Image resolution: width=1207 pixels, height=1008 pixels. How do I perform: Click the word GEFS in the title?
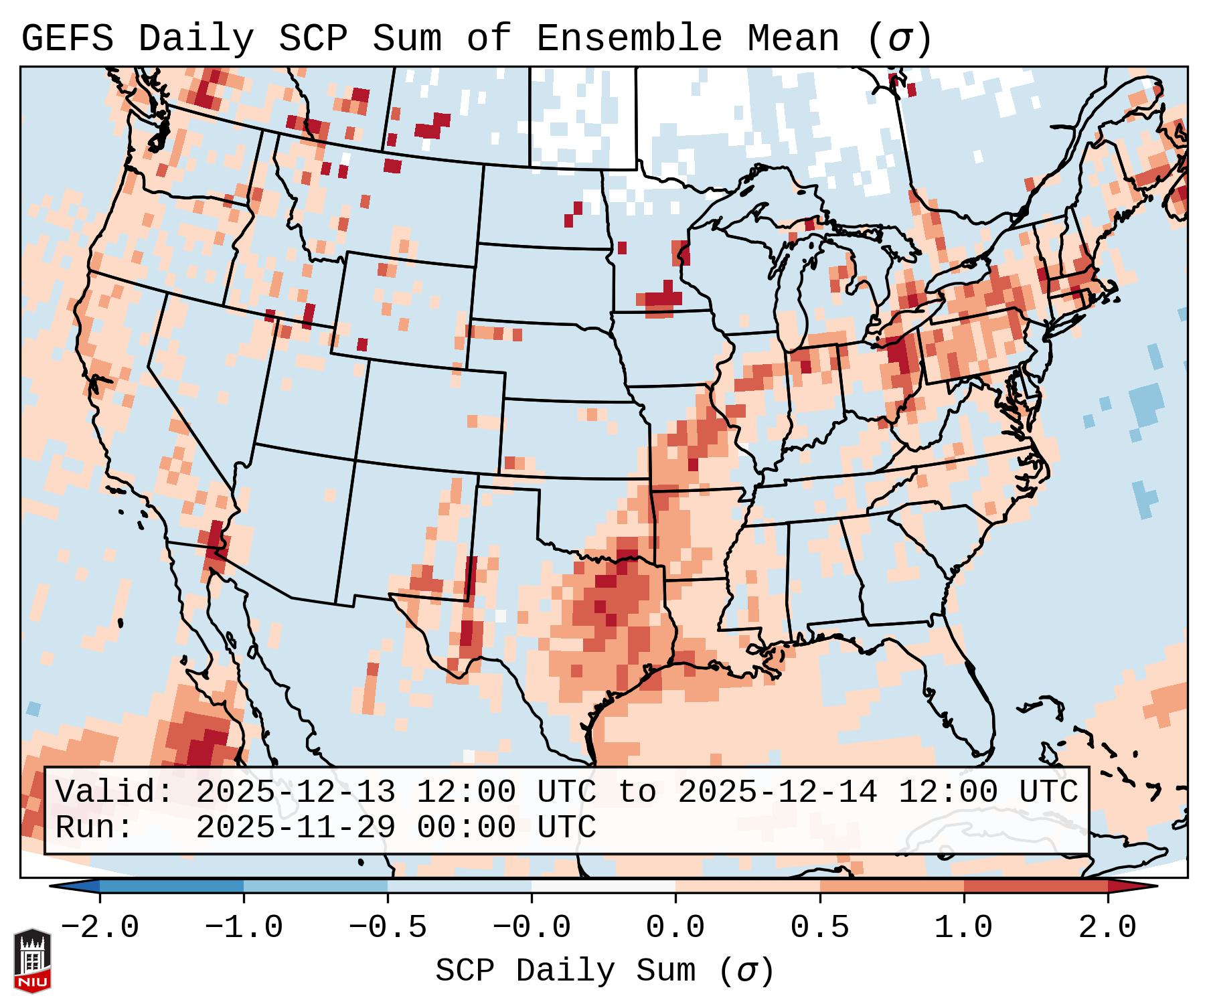click(x=67, y=38)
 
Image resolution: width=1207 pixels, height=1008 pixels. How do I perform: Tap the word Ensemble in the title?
click(x=629, y=38)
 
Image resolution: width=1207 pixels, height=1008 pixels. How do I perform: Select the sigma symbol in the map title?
click(x=898, y=39)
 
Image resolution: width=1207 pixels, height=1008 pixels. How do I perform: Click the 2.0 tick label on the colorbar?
click(x=1107, y=928)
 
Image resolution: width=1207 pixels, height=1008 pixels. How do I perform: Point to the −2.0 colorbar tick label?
click(x=100, y=928)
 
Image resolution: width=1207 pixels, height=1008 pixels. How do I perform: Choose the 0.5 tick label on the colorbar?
click(x=819, y=928)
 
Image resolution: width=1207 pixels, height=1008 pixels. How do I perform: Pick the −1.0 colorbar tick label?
click(x=244, y=928)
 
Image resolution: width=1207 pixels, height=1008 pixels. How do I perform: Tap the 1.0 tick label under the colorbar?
click(x=963, y=928)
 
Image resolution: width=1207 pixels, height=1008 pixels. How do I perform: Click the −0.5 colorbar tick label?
click(x=388, y=928)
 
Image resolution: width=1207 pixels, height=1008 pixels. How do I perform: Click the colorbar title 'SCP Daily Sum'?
click(x=566, y=971)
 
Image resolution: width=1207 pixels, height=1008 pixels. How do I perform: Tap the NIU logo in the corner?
click(x=32, y=960)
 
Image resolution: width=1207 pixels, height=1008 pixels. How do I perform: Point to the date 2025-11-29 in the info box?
click(x=295, y=827)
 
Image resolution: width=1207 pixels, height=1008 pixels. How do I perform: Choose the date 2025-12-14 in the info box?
click(x=777, y=792)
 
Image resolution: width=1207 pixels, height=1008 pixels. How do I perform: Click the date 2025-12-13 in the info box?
click(x=295, y=792)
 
